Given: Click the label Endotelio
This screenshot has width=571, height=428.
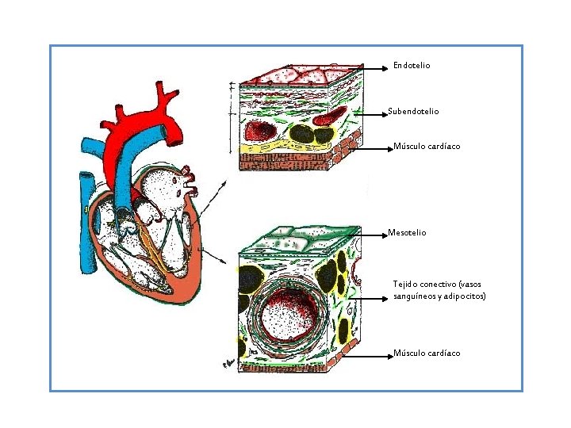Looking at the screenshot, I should click(412, 66).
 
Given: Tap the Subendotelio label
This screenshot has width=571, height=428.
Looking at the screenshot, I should click(413, 112).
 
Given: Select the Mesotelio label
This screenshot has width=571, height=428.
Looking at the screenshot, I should click(407, 233).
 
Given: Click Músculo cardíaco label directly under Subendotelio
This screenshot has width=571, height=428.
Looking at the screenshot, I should click(427, 147).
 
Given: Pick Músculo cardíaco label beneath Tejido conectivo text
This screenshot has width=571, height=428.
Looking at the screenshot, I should click(427, 353).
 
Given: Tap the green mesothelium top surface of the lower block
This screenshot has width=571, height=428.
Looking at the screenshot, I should click(297, 238).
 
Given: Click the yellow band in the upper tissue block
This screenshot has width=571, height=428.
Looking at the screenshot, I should click(270, 148).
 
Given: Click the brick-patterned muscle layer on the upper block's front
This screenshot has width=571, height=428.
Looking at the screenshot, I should click(278, 162).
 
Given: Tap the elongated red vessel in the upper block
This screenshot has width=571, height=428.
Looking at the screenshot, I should click(328, 117).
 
